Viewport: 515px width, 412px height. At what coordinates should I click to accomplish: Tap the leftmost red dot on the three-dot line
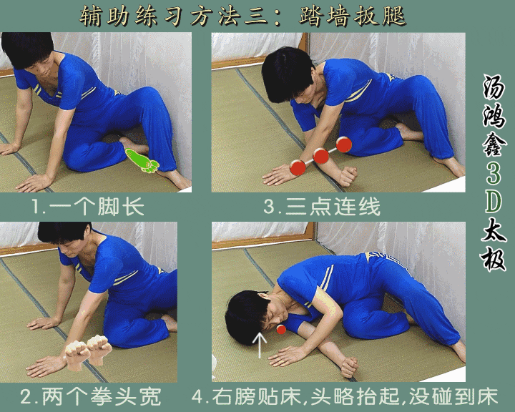point(297,168)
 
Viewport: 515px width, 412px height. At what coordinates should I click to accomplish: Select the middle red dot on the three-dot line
point(321,156)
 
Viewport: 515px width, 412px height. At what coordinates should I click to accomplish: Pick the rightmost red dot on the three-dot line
point(344,145)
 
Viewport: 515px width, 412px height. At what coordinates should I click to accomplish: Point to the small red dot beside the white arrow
point(281,329)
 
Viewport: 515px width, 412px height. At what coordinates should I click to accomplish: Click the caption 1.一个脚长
point(87,208)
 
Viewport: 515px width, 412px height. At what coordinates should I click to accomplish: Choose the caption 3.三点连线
point(322,208)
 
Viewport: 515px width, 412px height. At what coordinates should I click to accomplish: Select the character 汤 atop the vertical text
point(494,89)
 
